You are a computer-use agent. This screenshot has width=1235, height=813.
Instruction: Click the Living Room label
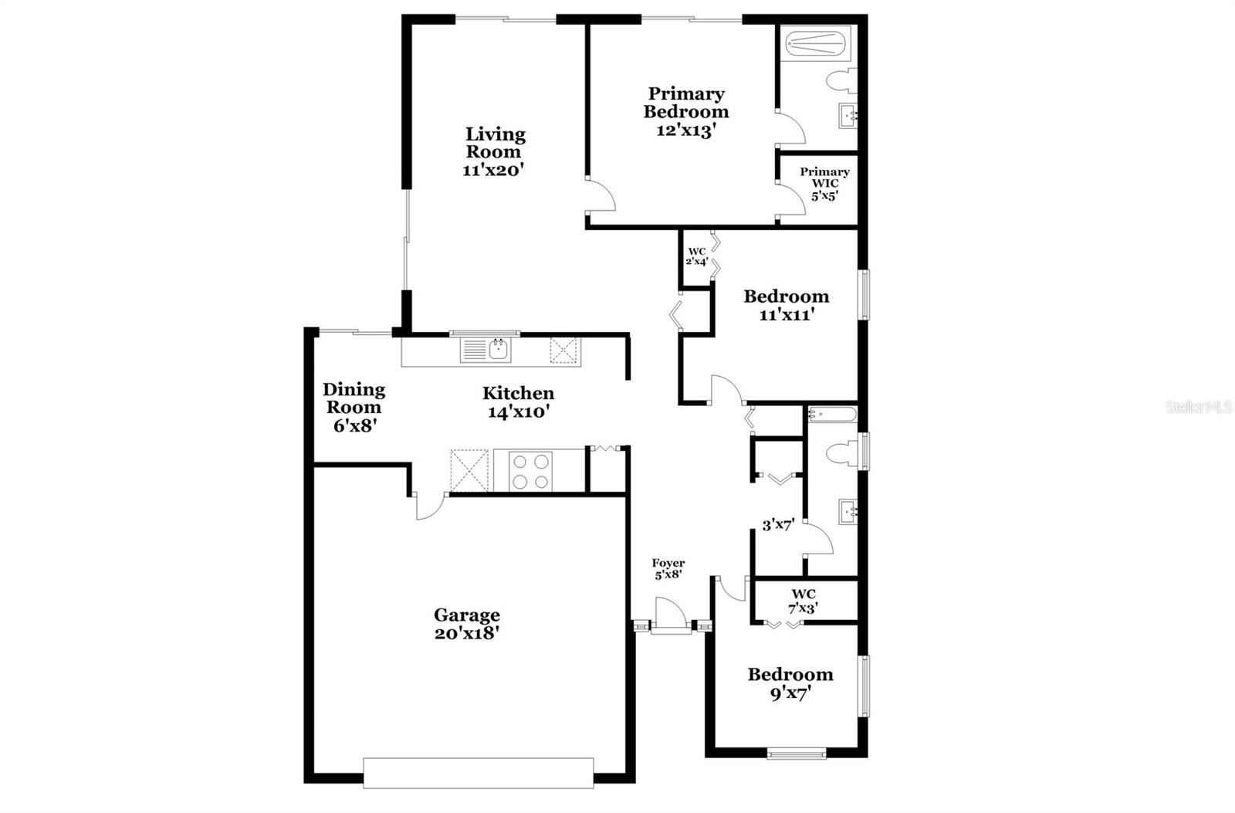pyautogui.click(x=494, y=152)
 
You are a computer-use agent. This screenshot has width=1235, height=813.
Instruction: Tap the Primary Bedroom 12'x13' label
pyautogui.click(x=685, y=112)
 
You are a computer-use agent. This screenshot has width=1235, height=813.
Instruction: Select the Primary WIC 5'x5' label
pyautogui.click(x=824, y=184)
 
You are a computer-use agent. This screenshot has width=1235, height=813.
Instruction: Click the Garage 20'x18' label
pyautogui.click(x=466, y=624)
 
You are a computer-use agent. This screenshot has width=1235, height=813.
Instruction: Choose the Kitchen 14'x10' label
pyautogui.click(x=518, y=402)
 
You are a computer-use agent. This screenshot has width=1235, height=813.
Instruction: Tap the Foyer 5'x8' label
pyautogui.click(x=668, y=569)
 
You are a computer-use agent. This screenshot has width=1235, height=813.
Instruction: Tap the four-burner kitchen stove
pyautogui.click(x=532, y=470)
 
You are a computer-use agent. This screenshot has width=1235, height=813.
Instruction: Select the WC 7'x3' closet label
pyautogui.click(x=803, y=601)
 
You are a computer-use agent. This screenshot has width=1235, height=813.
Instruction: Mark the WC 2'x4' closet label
pyautogui.click(x=697, y=256)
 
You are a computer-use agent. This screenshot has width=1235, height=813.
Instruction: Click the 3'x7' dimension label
pyautogui.click(x=778, y=526)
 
